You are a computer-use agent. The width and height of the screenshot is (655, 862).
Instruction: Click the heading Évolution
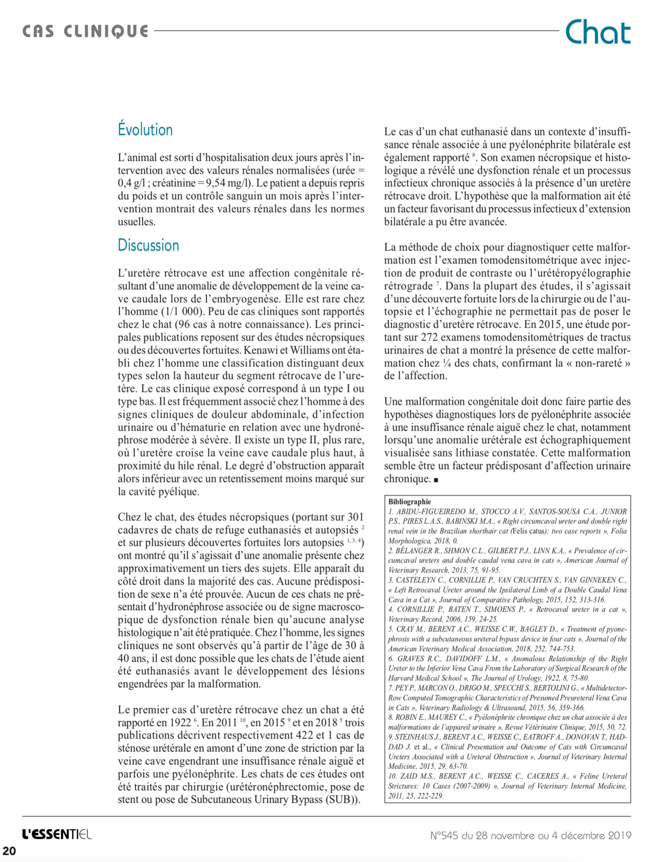pyautogui.click(x=145, y=130)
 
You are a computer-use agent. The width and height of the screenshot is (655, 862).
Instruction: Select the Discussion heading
pyautogui.click(x=148, y=245)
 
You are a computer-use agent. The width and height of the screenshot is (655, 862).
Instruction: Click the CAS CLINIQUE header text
pyautogui.click(x=85, y=31)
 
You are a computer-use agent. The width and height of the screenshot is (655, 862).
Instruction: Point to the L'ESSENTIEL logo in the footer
pyautogui.click(x=57, y=834)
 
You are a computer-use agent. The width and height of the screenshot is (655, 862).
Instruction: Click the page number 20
pyautogui.click(x=10, y=851)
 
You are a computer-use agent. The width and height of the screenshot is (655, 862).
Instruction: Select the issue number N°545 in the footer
pyautogui.click(x=444, y=835)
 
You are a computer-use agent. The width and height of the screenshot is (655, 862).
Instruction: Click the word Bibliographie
pyautogui.click(x=409, y=502)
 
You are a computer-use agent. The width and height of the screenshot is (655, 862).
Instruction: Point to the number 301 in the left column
pyautogui.click(x=355, y=517)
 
